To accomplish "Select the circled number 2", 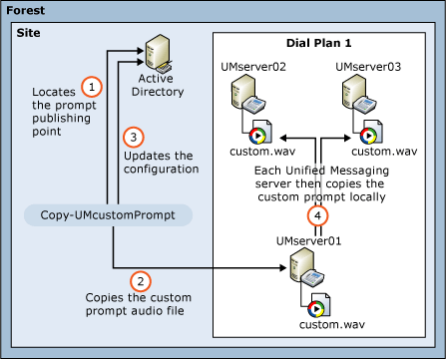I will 142,282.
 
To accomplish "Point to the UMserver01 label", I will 309,241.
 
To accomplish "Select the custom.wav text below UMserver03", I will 385,151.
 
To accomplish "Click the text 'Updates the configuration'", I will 162,163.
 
